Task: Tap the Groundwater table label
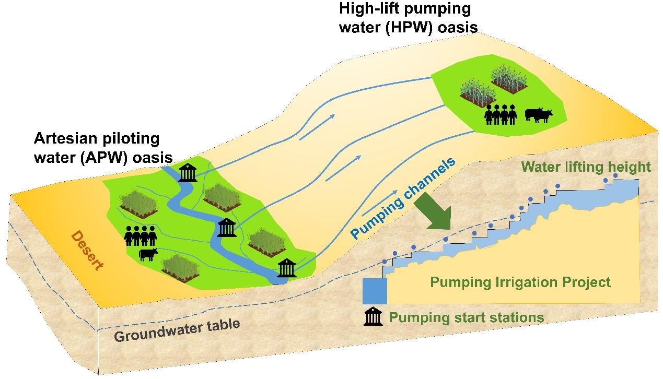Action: point(177,330)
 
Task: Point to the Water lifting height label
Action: point(586,167)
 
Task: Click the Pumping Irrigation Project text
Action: point(520,282)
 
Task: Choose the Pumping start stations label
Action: point(467,317)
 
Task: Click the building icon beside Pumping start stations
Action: point(373,316)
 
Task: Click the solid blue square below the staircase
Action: point(375,291)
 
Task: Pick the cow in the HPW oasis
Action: point(538,114)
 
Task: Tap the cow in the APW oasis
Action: point(148,254)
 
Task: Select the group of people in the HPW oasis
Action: point(501,113)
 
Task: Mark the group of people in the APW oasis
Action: point(141,236)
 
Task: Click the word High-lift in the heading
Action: point(370,9)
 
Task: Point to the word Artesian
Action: point(63,138)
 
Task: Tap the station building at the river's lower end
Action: point(286,267)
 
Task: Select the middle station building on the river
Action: point(227,227)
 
